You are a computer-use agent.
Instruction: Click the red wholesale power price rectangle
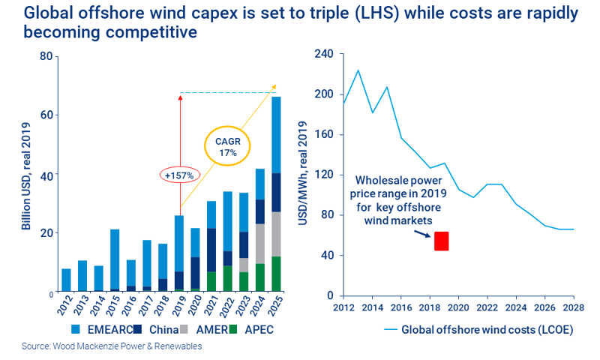point(441,241)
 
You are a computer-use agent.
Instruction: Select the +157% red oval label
point(179,175)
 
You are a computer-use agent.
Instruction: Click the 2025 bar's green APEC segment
point(276,274)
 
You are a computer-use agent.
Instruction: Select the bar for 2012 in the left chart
point(66,280)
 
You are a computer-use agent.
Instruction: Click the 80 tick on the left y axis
point(47,56)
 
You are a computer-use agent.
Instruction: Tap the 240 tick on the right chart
point(322,54)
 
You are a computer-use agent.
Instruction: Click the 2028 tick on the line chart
point(574,306)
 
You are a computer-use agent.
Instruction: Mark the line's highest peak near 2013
point(358,70)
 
